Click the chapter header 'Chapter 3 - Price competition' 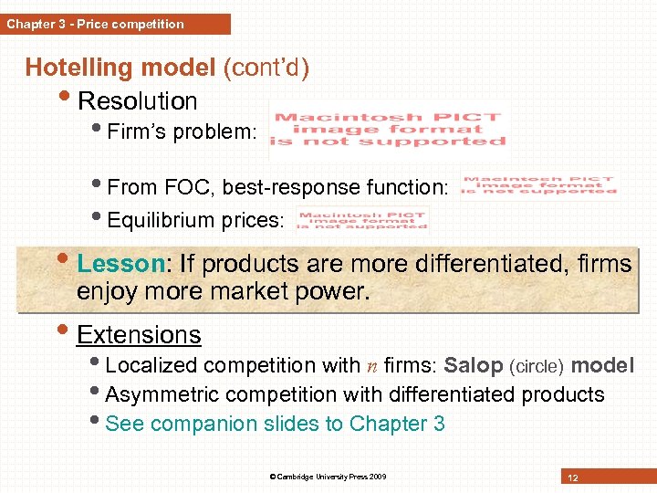tap(95, 25)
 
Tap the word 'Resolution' tap(137, 101)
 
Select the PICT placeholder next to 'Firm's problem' tap(390, 130)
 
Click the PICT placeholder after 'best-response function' tap(538, 185)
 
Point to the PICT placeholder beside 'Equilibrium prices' tap(362, 220)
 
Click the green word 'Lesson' tap(119, 265)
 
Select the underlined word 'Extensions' tap(139, 335)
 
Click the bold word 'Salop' tap(473, 366)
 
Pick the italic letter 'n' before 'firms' tap(372, 367)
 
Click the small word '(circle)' tap(540, 367)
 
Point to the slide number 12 tap(573, 478)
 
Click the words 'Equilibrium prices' tap(195, 221)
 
